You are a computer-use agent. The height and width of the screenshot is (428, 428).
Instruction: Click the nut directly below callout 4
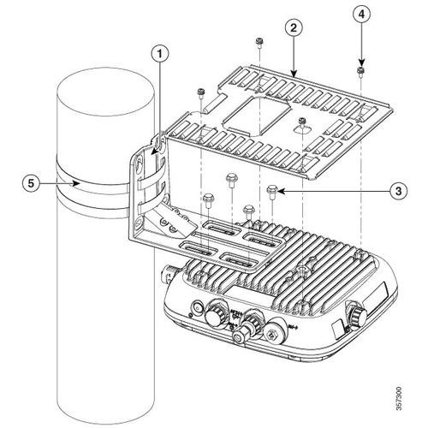point(360,70)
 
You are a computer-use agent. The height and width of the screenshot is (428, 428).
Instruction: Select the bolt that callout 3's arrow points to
point(272,190)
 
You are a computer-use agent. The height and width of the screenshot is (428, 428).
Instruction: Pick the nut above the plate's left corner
point(199,90)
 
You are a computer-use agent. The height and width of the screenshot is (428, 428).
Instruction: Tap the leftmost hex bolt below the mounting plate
point(209,198)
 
